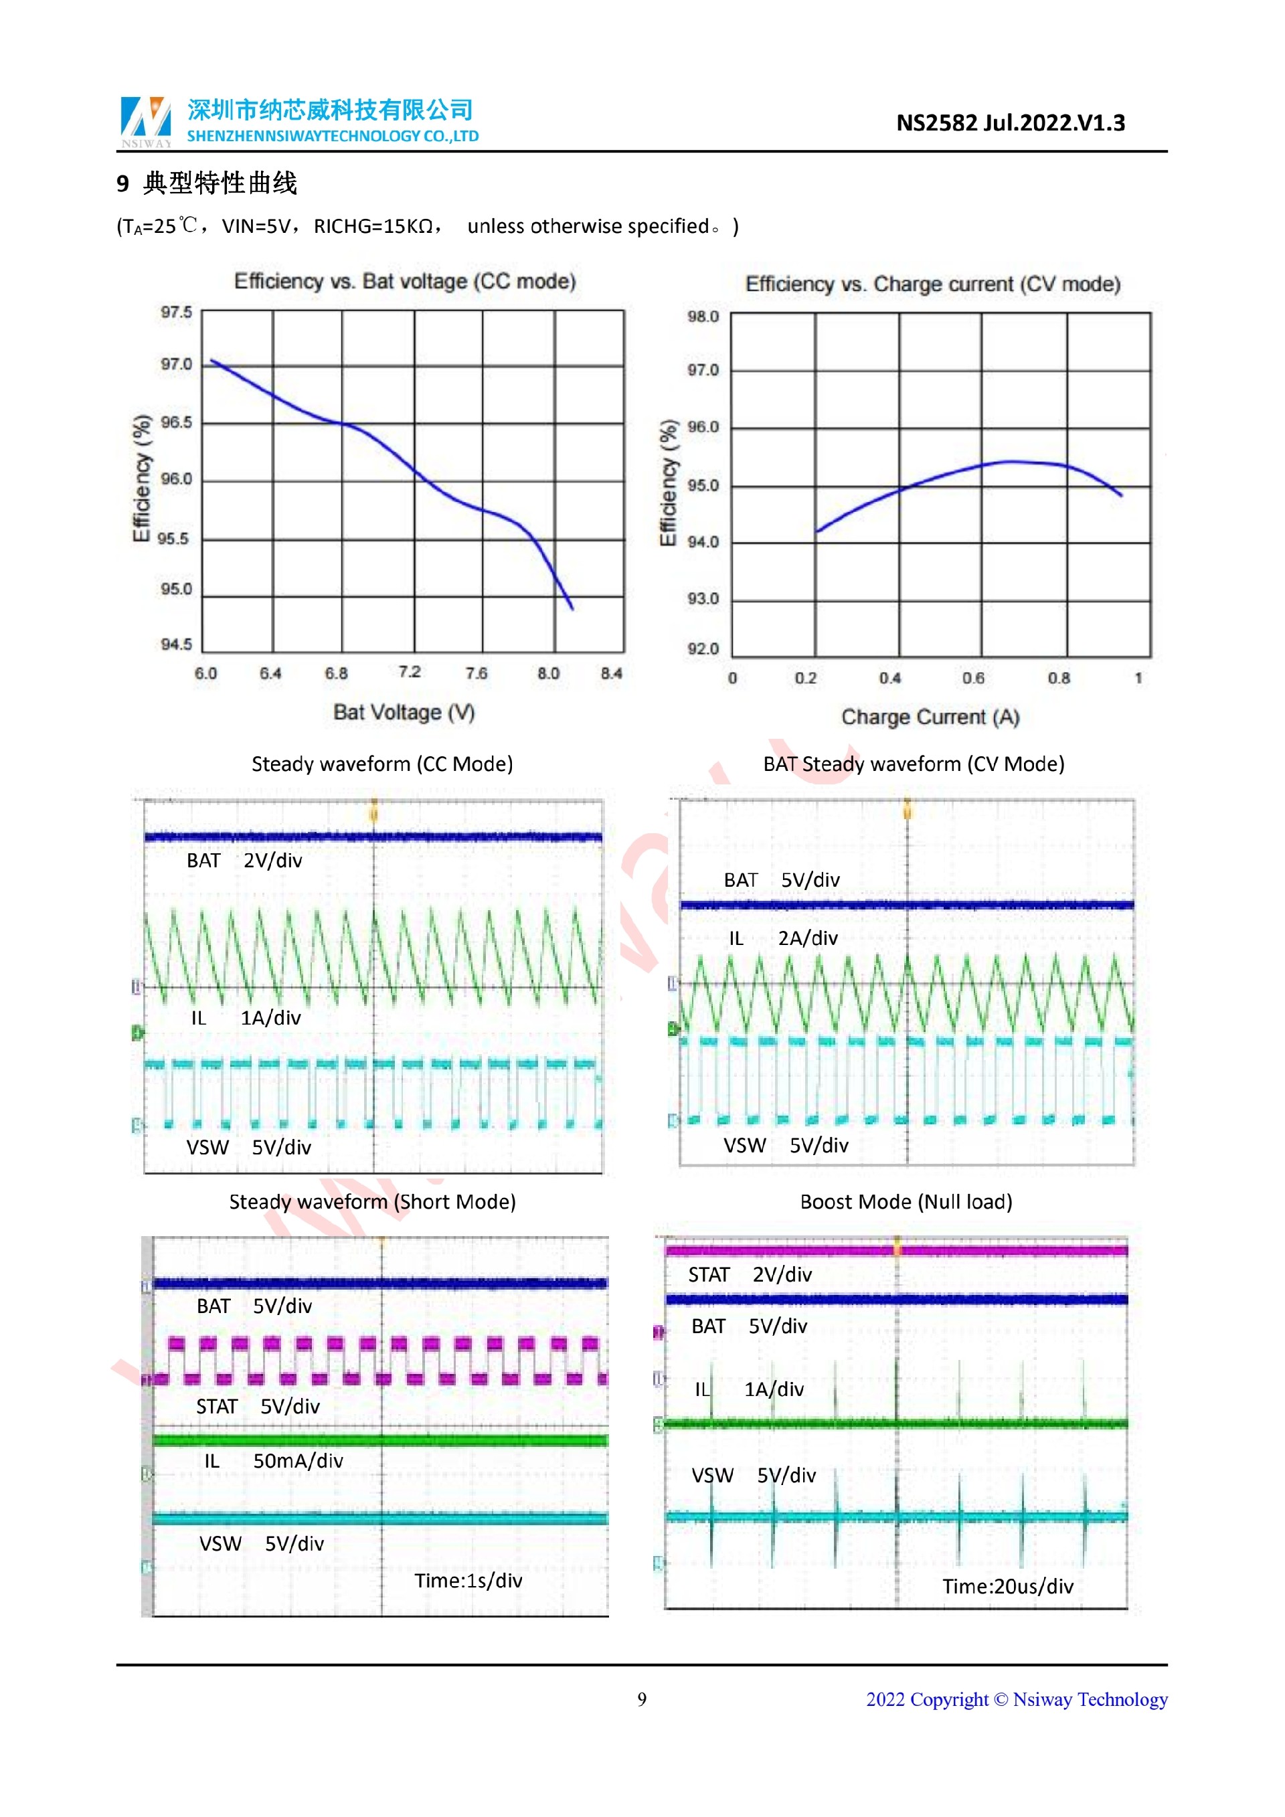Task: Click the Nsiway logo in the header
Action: pyautogui.click(x=146, y=121)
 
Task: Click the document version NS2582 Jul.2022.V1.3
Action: pyautogui.click(x=1010, y=123)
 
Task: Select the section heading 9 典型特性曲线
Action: pyautogui.click(x=207, y=183)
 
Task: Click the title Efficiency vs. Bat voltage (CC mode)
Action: pyautogui.click(x=404, y=282)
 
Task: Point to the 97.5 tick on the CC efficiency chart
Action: pyautogui.click(x=177, y=313)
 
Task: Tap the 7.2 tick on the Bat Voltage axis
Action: pyautogui.click(x=409, y=672)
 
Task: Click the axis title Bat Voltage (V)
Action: pyautogui.click(x=404, y=712)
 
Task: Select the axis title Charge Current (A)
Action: pyautogui.click(x=930, y=717)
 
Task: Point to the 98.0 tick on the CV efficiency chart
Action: pyautogui.click(x=703, y=317)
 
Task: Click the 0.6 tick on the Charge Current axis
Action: pyautogui.click(x=973, y=678)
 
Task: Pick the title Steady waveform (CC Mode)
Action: pyautogui.click(x=382, y=764)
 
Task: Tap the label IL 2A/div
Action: pyautogui.click(x=782, y=938)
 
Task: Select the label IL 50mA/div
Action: pyautogui.click(x=273, y=1461)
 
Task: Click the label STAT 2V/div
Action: pyautogui.click(x=750, y=1275)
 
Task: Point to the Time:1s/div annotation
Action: pyautogui.click(x=468, y=1580)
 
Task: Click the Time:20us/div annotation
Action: pyautogui.click(x=1007, y=1586)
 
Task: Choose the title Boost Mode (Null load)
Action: pyautogui.click(x=906, y=1202)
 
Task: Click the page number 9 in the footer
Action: pyautogui.click(x=642, y=1699)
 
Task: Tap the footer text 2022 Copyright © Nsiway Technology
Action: pyautogui.click(x=1016, y=1699)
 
